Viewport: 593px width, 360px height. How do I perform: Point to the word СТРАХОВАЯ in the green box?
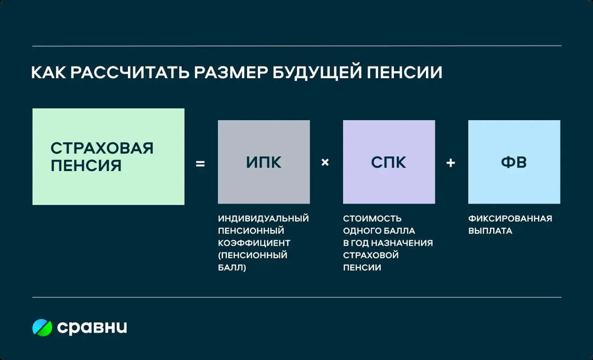[x=102, y=148]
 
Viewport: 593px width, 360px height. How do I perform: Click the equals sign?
[x=200, y=163]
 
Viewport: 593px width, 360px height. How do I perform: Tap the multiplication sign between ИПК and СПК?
[x=325, y=162]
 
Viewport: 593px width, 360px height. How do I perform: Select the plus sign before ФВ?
[x=451, y=162]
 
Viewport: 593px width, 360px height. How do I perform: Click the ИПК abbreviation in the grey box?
[x=264, y=162]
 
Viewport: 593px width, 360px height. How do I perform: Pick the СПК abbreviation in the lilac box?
[x=389, y=162]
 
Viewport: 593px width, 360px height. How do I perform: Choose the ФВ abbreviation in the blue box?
[x=514, y=162]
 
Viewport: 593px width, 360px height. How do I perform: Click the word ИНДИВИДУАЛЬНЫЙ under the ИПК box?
[x=263, y=218]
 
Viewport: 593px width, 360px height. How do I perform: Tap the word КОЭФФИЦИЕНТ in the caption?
[x=254, y=243]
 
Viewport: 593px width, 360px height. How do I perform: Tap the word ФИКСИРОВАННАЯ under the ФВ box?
[x=510, y=218]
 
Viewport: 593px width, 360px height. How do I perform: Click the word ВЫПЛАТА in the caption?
[x=490, y=231]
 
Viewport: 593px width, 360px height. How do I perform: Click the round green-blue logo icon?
[x=42, y=327]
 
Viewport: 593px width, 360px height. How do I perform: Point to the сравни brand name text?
[x=92, y=327]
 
